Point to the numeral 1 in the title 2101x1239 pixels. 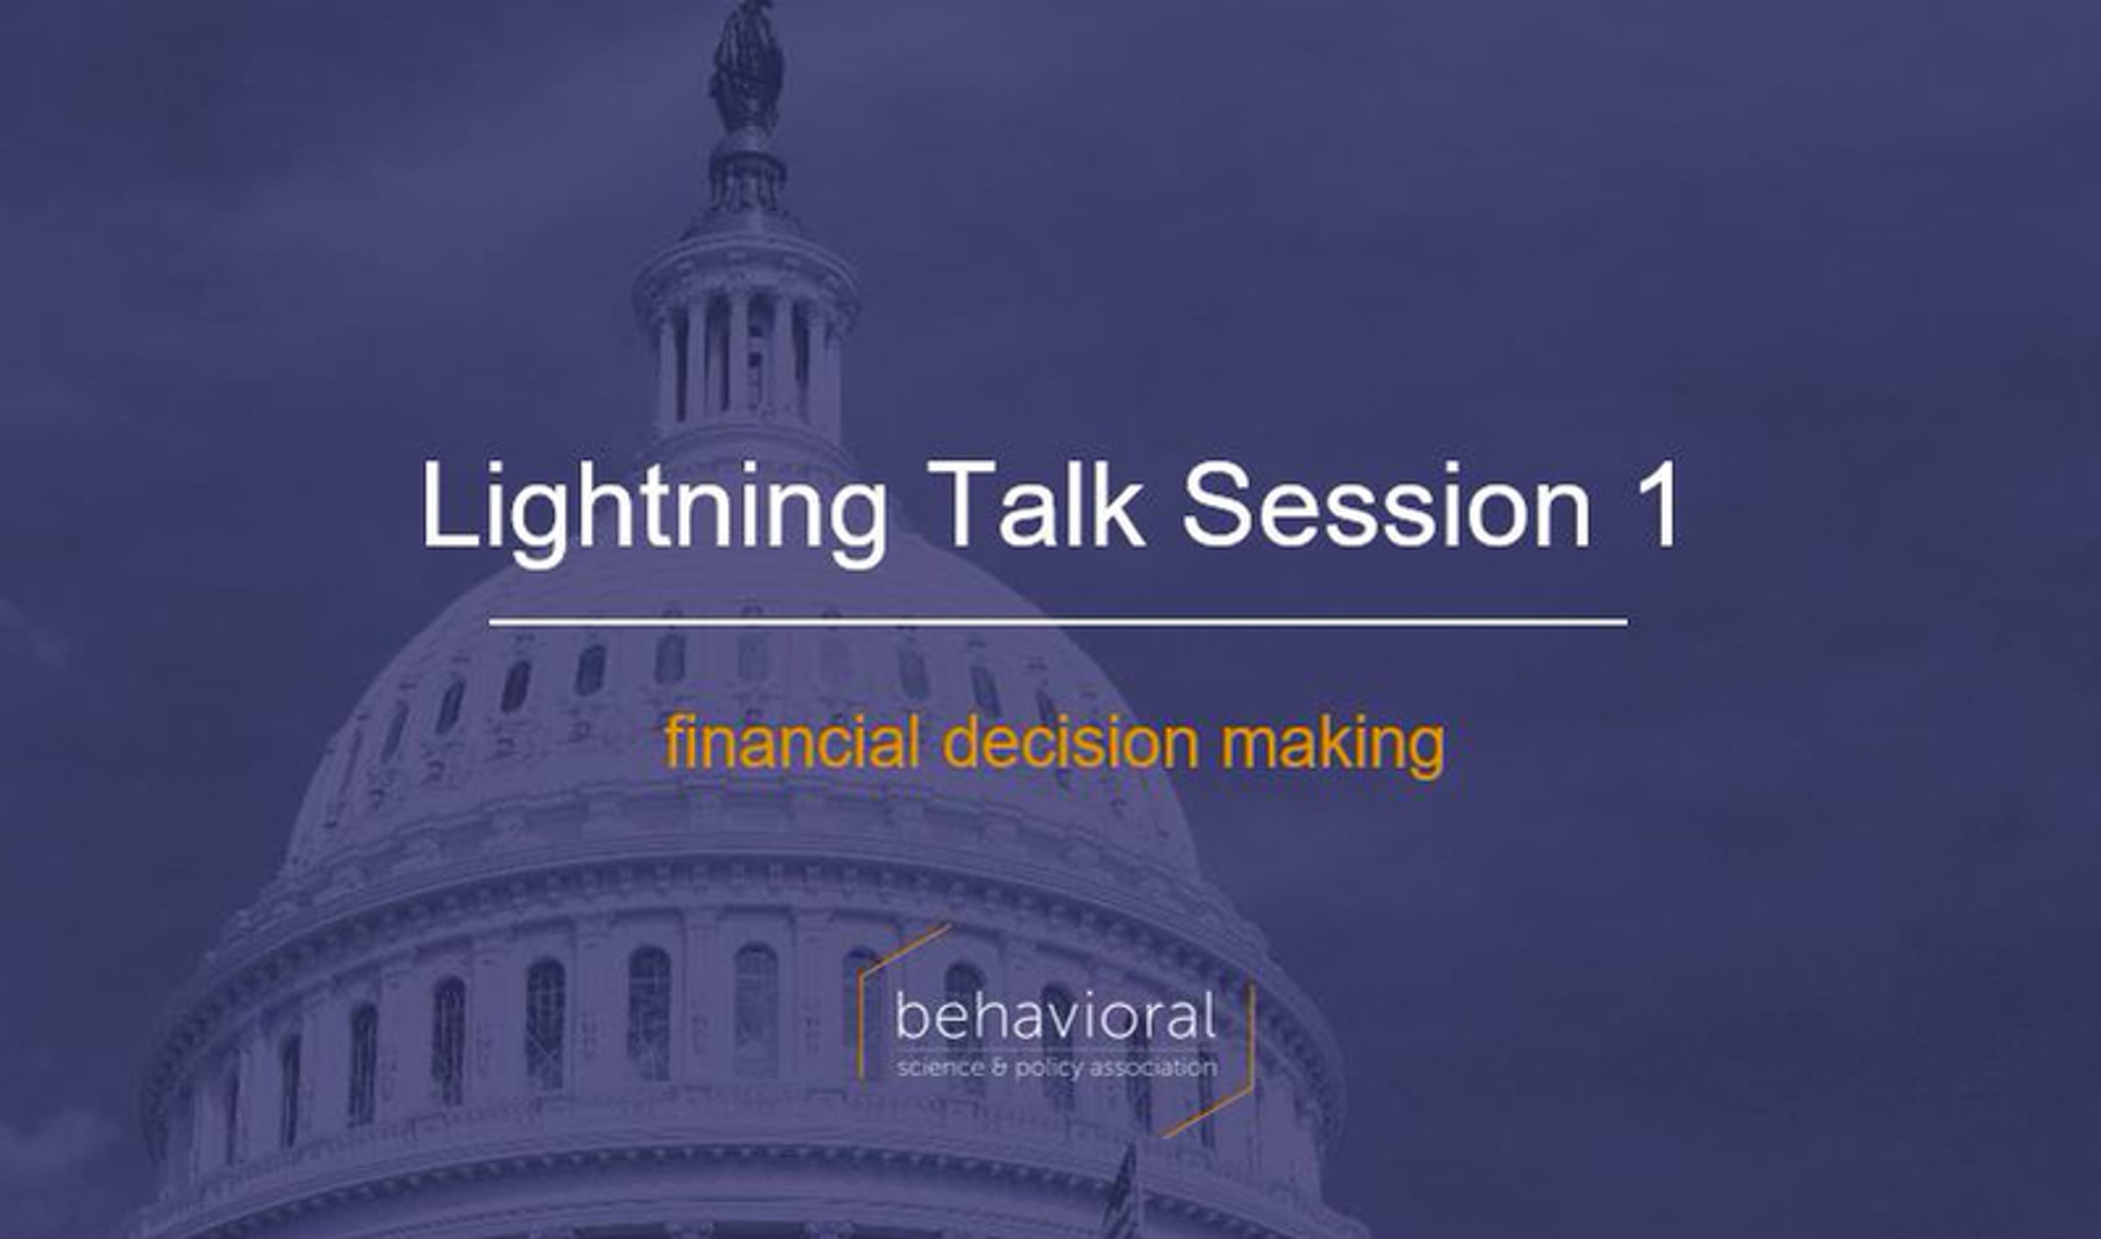[x=1655, y=504]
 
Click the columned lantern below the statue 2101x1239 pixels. [x=745, y=350]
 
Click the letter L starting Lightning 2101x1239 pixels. [x=451, y=504]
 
